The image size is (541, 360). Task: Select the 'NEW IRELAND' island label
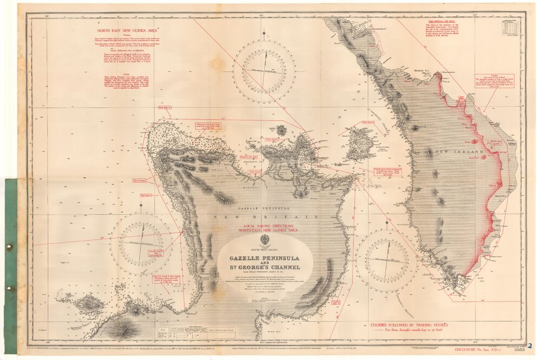click(x=454, y=153)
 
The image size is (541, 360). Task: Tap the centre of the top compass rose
click(x=265, y=72)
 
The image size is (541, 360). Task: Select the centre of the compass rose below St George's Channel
click(x=386, y=261)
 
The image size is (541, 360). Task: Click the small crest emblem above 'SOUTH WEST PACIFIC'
click(x=265, y=239)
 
